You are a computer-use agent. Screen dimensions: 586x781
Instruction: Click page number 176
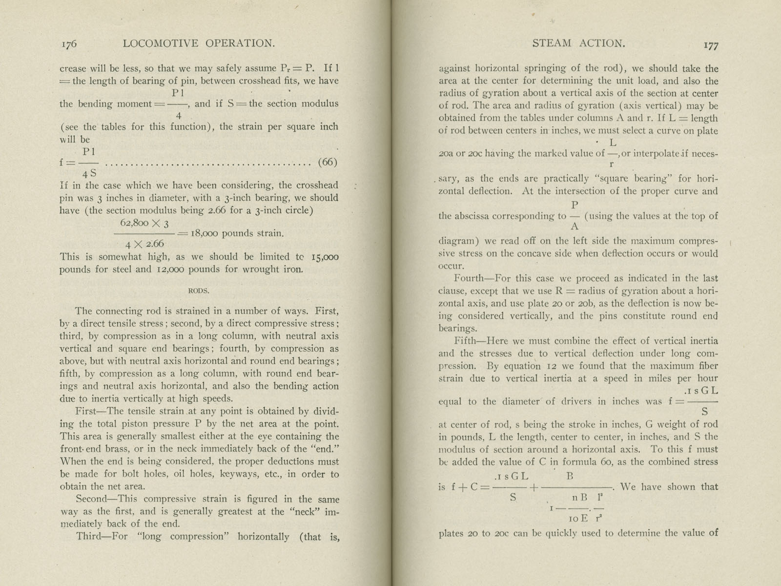(69, 44)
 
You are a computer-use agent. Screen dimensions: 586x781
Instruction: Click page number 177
(711, 45)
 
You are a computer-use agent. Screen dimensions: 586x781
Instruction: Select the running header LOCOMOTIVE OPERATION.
(199, 43)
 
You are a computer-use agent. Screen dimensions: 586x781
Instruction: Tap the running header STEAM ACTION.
(578, 43)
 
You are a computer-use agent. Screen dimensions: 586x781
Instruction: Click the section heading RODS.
(199, 291)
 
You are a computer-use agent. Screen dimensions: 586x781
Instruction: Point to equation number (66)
(328, 162)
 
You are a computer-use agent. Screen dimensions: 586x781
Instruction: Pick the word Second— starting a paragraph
(96, 499)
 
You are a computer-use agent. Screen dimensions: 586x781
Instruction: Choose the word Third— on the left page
(94, 537)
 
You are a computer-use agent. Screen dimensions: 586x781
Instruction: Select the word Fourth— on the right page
(473, 278)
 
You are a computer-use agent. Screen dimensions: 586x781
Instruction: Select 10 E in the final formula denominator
(578, 519)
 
